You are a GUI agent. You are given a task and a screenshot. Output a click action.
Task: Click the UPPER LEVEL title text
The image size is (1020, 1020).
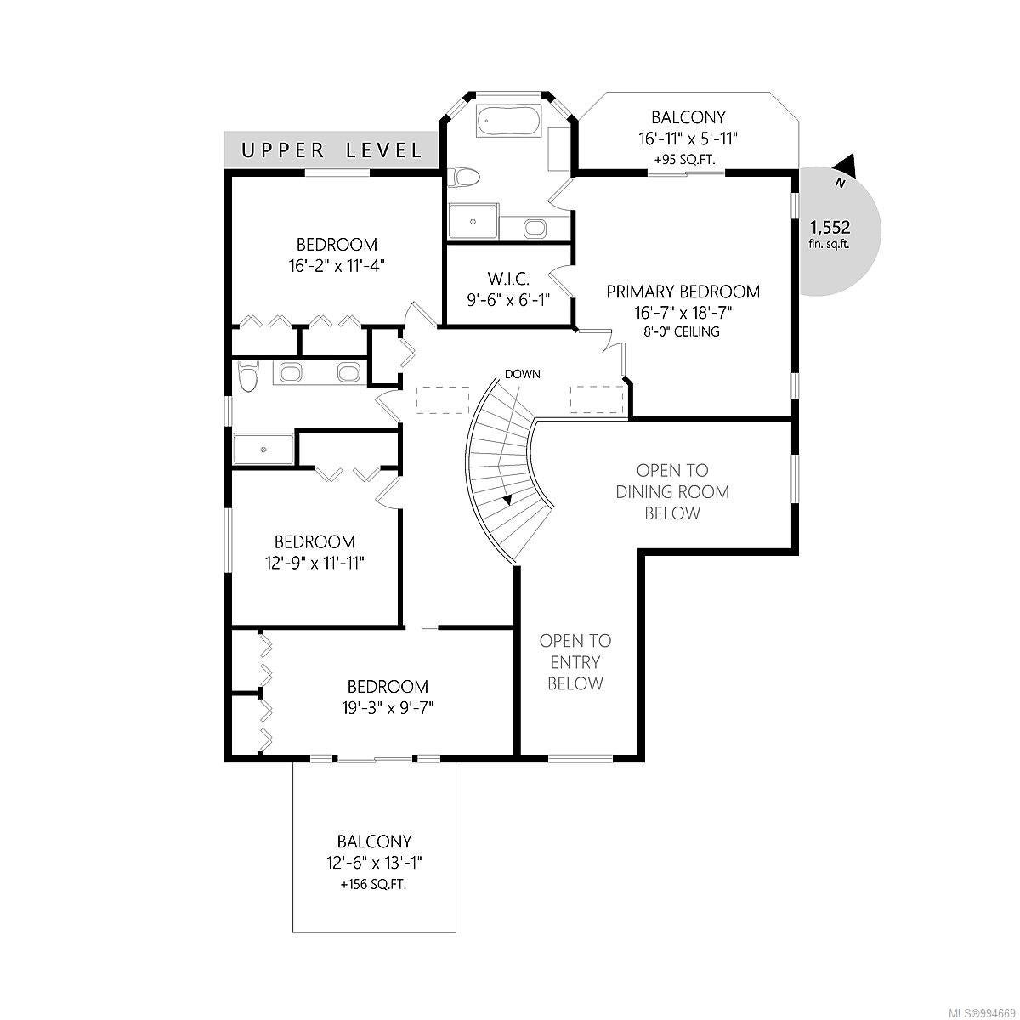[331, 150]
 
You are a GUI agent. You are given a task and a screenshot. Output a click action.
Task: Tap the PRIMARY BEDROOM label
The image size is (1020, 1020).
[683, 292]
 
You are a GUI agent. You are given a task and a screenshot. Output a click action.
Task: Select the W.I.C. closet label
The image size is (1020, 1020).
[508, 278]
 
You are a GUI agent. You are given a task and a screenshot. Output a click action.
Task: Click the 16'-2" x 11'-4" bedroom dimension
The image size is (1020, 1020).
[336, 265]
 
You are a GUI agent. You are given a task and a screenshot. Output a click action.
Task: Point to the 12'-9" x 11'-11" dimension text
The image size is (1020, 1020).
[315, 562]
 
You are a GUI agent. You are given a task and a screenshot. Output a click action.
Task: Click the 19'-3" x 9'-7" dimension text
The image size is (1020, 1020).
[388, 707]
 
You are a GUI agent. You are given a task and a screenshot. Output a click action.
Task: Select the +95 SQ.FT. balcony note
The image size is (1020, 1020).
[688, 159]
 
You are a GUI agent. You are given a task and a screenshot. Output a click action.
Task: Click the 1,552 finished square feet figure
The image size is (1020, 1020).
[830, 228]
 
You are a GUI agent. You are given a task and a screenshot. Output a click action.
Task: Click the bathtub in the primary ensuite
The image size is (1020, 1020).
[508, 122]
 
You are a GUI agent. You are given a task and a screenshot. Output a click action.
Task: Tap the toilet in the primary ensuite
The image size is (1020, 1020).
[463, 176]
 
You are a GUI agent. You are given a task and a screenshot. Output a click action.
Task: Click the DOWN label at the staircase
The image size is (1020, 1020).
[523, 374]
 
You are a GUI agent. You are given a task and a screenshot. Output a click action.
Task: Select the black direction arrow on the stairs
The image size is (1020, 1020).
[507, 499]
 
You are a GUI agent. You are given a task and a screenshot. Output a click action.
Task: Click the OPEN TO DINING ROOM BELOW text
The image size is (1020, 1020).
[672, 492]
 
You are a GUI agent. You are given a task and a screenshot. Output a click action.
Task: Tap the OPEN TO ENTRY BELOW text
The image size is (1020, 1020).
[575, 662]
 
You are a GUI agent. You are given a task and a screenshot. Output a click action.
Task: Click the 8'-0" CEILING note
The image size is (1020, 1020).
[681, 331]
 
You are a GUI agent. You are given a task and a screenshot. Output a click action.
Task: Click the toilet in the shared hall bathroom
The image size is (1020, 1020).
[247, 376]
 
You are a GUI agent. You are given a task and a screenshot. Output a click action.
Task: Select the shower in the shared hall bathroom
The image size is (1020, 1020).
[263, 449]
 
